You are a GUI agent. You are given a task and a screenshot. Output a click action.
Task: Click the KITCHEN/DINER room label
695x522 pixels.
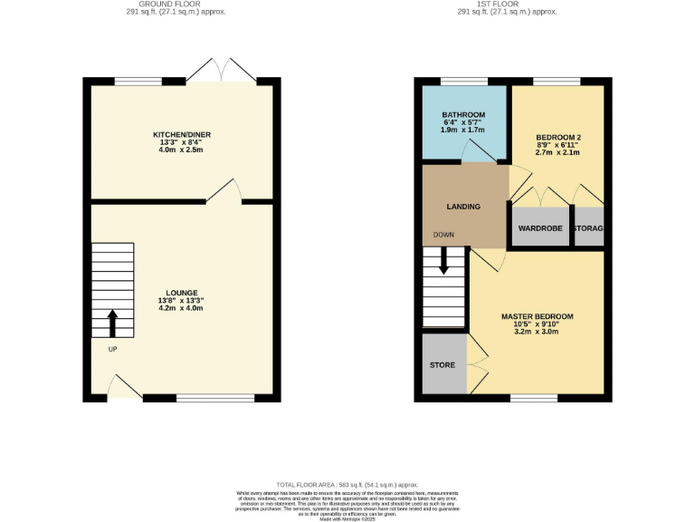click(181, 134)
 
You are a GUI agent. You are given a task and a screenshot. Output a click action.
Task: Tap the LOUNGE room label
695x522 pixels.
click(181, 292)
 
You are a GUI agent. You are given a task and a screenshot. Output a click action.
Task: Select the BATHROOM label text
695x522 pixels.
click(463, 115)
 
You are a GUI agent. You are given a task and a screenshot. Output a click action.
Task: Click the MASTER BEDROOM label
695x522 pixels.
click(537, 316)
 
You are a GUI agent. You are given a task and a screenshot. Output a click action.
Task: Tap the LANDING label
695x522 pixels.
click(462, 207)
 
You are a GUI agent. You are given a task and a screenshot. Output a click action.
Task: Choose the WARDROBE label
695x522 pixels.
click(540, 228)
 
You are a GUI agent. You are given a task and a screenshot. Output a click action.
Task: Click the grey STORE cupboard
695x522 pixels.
click(443, 364)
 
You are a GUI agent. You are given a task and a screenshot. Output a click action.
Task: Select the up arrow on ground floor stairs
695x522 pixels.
click(112, 323)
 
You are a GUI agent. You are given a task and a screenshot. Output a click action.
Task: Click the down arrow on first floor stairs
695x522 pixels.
click(443, 261)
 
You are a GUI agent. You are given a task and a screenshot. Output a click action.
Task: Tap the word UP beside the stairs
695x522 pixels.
click(112, 349)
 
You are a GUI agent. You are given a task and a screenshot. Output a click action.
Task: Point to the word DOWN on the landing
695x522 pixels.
click(443, 235)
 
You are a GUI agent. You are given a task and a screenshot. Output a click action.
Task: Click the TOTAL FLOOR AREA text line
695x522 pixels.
click(347, 485)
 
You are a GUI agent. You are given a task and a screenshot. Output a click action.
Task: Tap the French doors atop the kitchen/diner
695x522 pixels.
click(221, 72)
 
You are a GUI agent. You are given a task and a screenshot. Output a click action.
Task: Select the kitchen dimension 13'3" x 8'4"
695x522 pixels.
click(181, 142)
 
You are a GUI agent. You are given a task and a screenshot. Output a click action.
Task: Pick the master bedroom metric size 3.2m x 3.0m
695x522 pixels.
click(537, 333)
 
